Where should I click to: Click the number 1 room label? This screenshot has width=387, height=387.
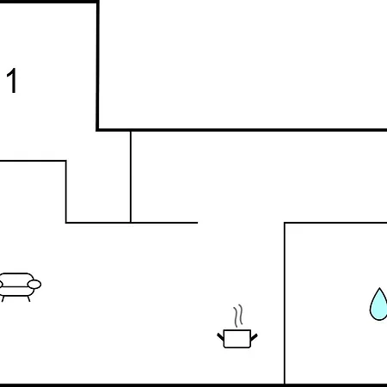12,81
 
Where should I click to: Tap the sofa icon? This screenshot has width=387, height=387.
20,287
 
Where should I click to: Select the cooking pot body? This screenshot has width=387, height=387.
237,339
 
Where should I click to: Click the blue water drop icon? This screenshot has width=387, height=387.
378,305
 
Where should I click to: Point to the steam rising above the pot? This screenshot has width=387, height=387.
238,316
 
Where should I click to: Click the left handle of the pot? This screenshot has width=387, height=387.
220,337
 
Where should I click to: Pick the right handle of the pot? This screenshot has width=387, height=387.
254,337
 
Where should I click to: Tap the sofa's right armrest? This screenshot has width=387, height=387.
34,285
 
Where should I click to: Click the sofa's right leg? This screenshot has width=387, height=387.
28,298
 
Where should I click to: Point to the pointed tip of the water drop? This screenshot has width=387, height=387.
379,288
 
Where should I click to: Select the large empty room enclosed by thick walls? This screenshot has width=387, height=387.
243,64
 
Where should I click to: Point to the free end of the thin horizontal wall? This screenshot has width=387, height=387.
198,223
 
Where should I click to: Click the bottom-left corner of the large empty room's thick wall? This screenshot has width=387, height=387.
98,130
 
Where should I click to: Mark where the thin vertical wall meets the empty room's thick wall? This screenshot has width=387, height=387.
131,131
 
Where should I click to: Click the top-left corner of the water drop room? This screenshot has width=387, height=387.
285,223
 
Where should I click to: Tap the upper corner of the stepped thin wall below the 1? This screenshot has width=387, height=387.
66,161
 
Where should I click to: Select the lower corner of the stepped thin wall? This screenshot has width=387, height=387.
66,223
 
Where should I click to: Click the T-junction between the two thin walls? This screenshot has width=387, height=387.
131,223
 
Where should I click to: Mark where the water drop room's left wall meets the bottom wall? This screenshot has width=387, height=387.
285,384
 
